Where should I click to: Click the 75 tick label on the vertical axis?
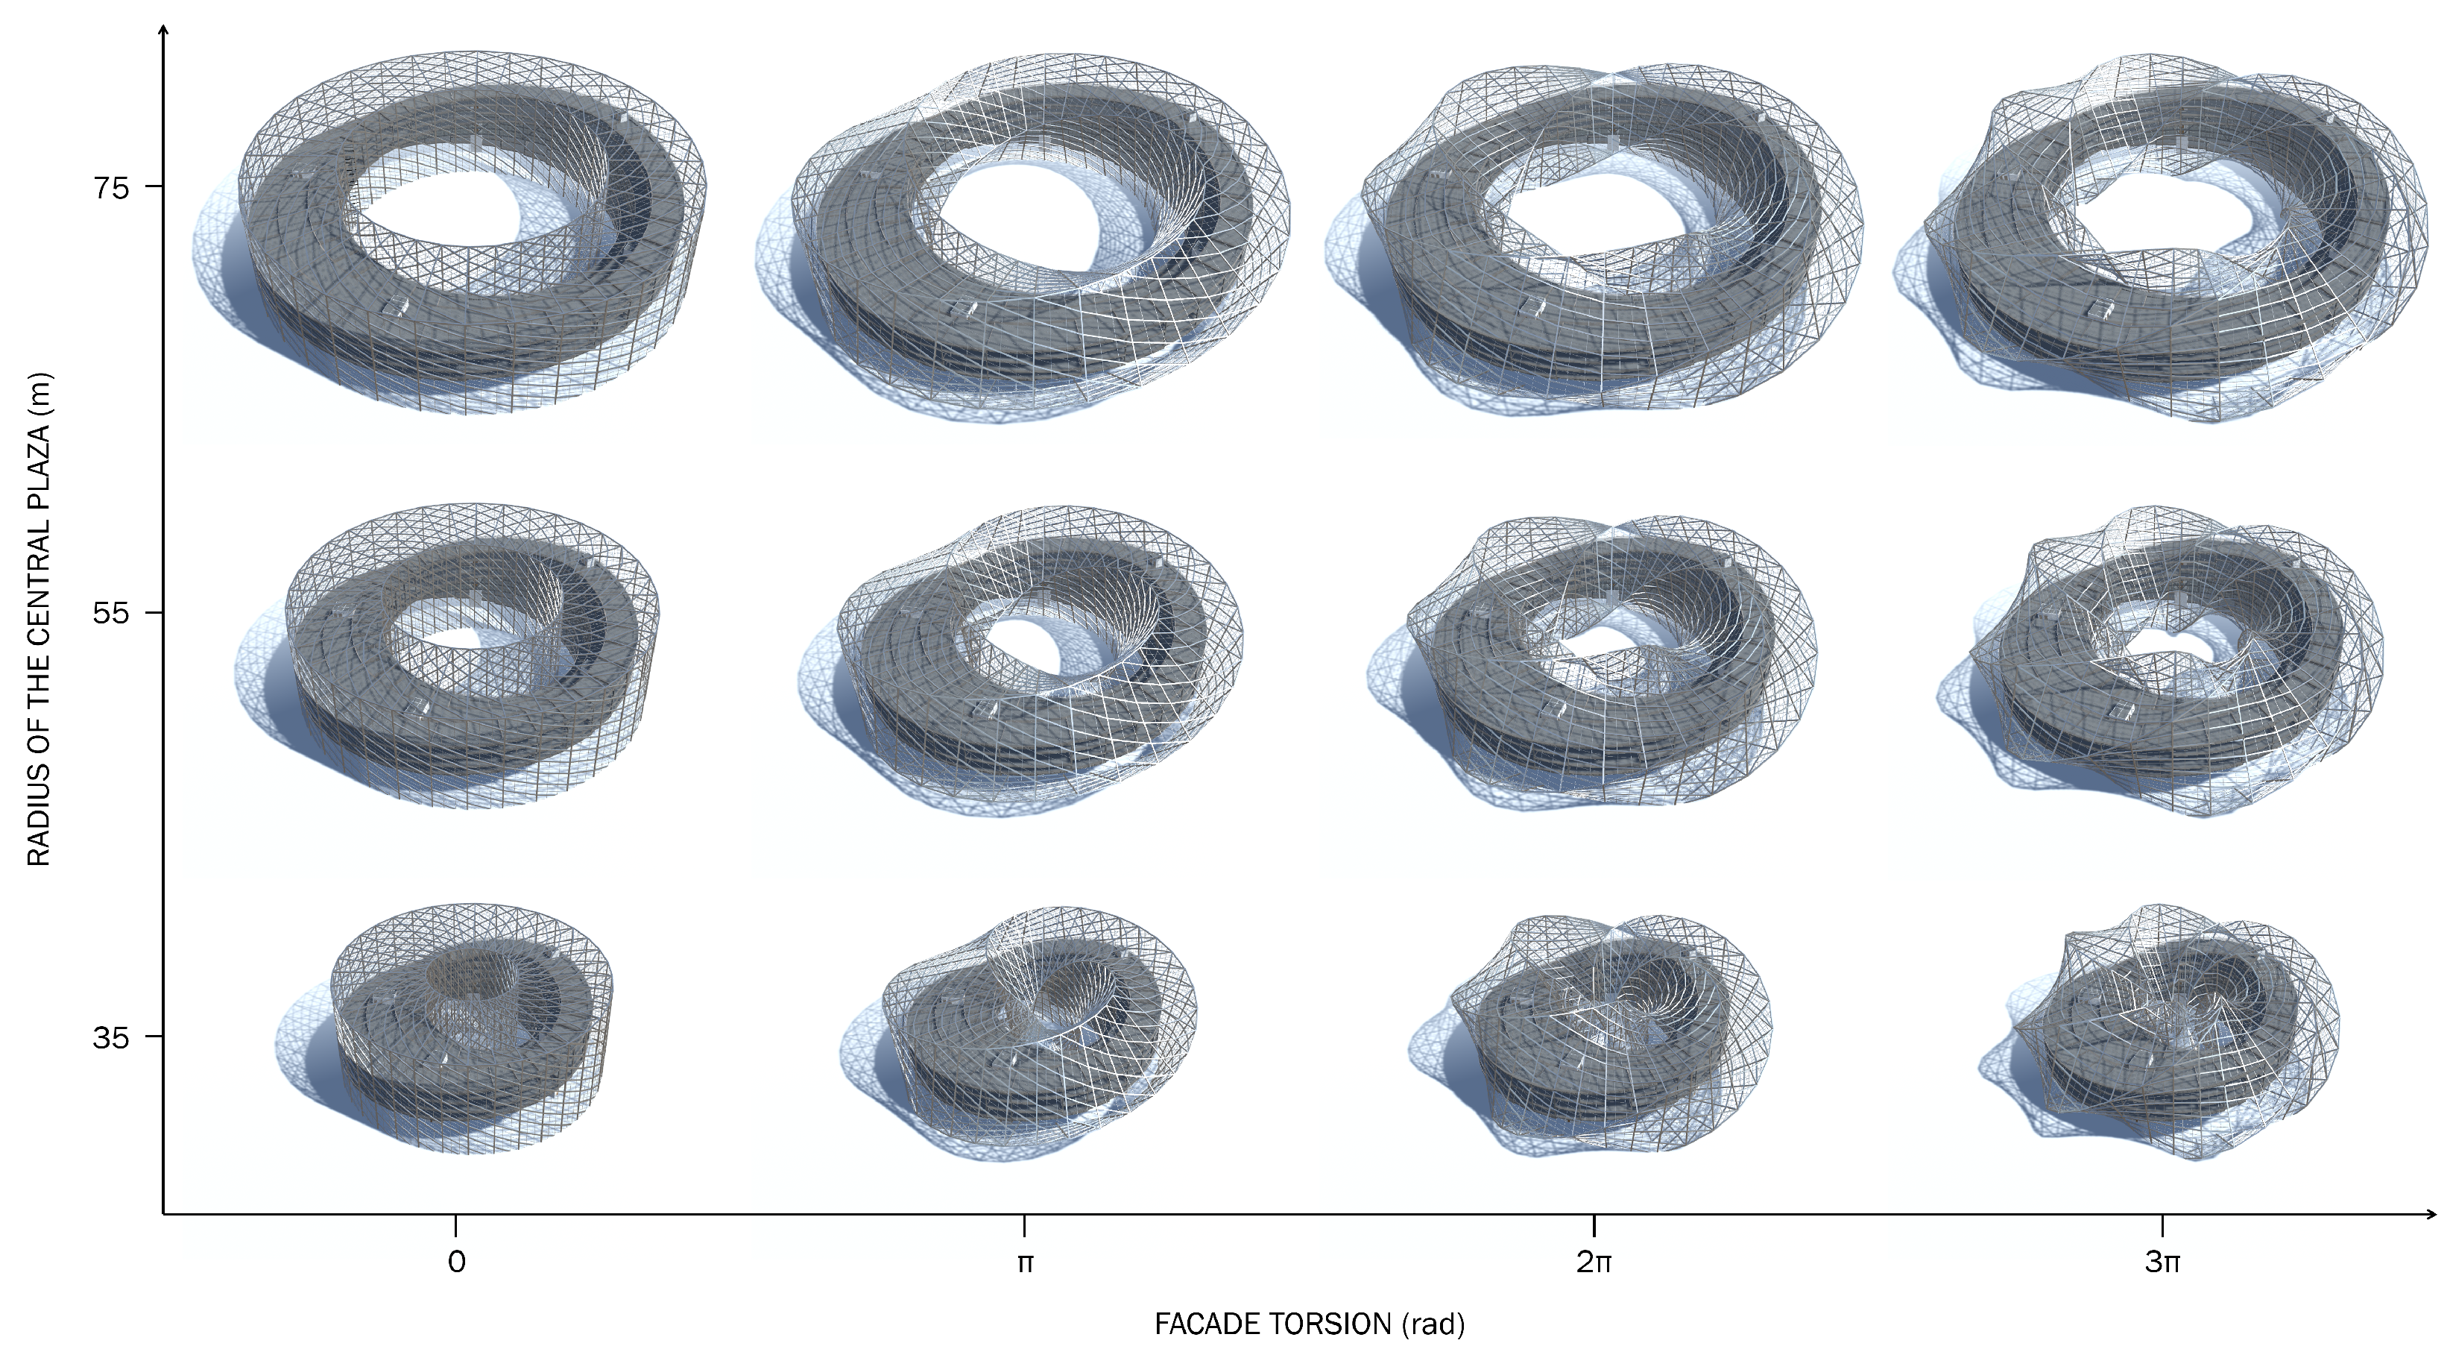coord(110,187)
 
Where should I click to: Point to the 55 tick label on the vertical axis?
coord(110,612)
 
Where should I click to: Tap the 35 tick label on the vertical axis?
coord(110,1037)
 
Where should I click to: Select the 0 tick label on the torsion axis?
coord(456,1262)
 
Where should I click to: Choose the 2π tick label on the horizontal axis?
coord(1594,1262)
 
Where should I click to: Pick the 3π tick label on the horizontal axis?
coord(2163,1262)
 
